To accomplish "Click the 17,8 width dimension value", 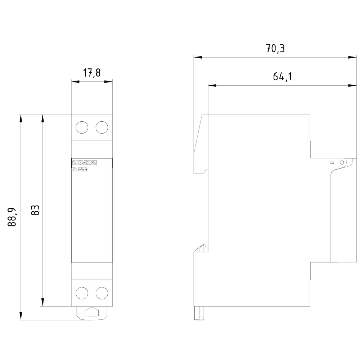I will pos(92,73).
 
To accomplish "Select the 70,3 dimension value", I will pos(275,49).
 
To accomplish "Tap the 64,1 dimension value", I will pos(282,77).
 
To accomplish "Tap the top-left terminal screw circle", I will pos(82,127).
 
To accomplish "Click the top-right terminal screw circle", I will pos(102,127).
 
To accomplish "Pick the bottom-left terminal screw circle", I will pos(82,292).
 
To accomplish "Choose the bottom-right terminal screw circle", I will pos(102,292).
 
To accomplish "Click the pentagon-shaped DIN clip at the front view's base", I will pos(92,312).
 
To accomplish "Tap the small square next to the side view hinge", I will pos(332,163).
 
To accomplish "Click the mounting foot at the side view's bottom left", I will pos(198,313).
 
